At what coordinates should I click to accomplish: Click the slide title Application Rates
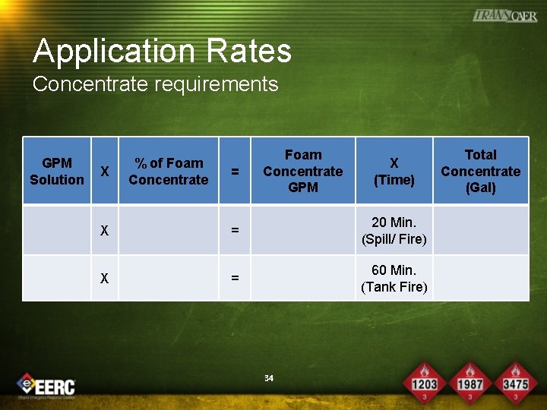162,51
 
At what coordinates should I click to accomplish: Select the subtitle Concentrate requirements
155,84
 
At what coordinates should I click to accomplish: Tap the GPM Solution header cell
57,171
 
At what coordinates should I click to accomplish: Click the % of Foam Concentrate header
168,171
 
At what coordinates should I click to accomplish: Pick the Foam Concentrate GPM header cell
302,171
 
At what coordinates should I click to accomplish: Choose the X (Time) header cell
394,172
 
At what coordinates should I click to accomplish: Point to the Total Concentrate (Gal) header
480,171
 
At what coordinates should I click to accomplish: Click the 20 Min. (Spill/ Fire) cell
394,231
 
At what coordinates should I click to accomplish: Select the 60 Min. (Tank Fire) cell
394,279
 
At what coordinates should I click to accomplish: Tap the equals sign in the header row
235,172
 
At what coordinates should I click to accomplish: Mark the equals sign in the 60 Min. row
235,279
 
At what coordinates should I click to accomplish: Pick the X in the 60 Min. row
105,279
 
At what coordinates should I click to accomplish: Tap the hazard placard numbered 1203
424,380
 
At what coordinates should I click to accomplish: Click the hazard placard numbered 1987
470,380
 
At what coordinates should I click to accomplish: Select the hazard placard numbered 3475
515,380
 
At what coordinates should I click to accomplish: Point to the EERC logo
47,385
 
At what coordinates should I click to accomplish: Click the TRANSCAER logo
504,15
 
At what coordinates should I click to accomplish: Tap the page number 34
268,377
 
